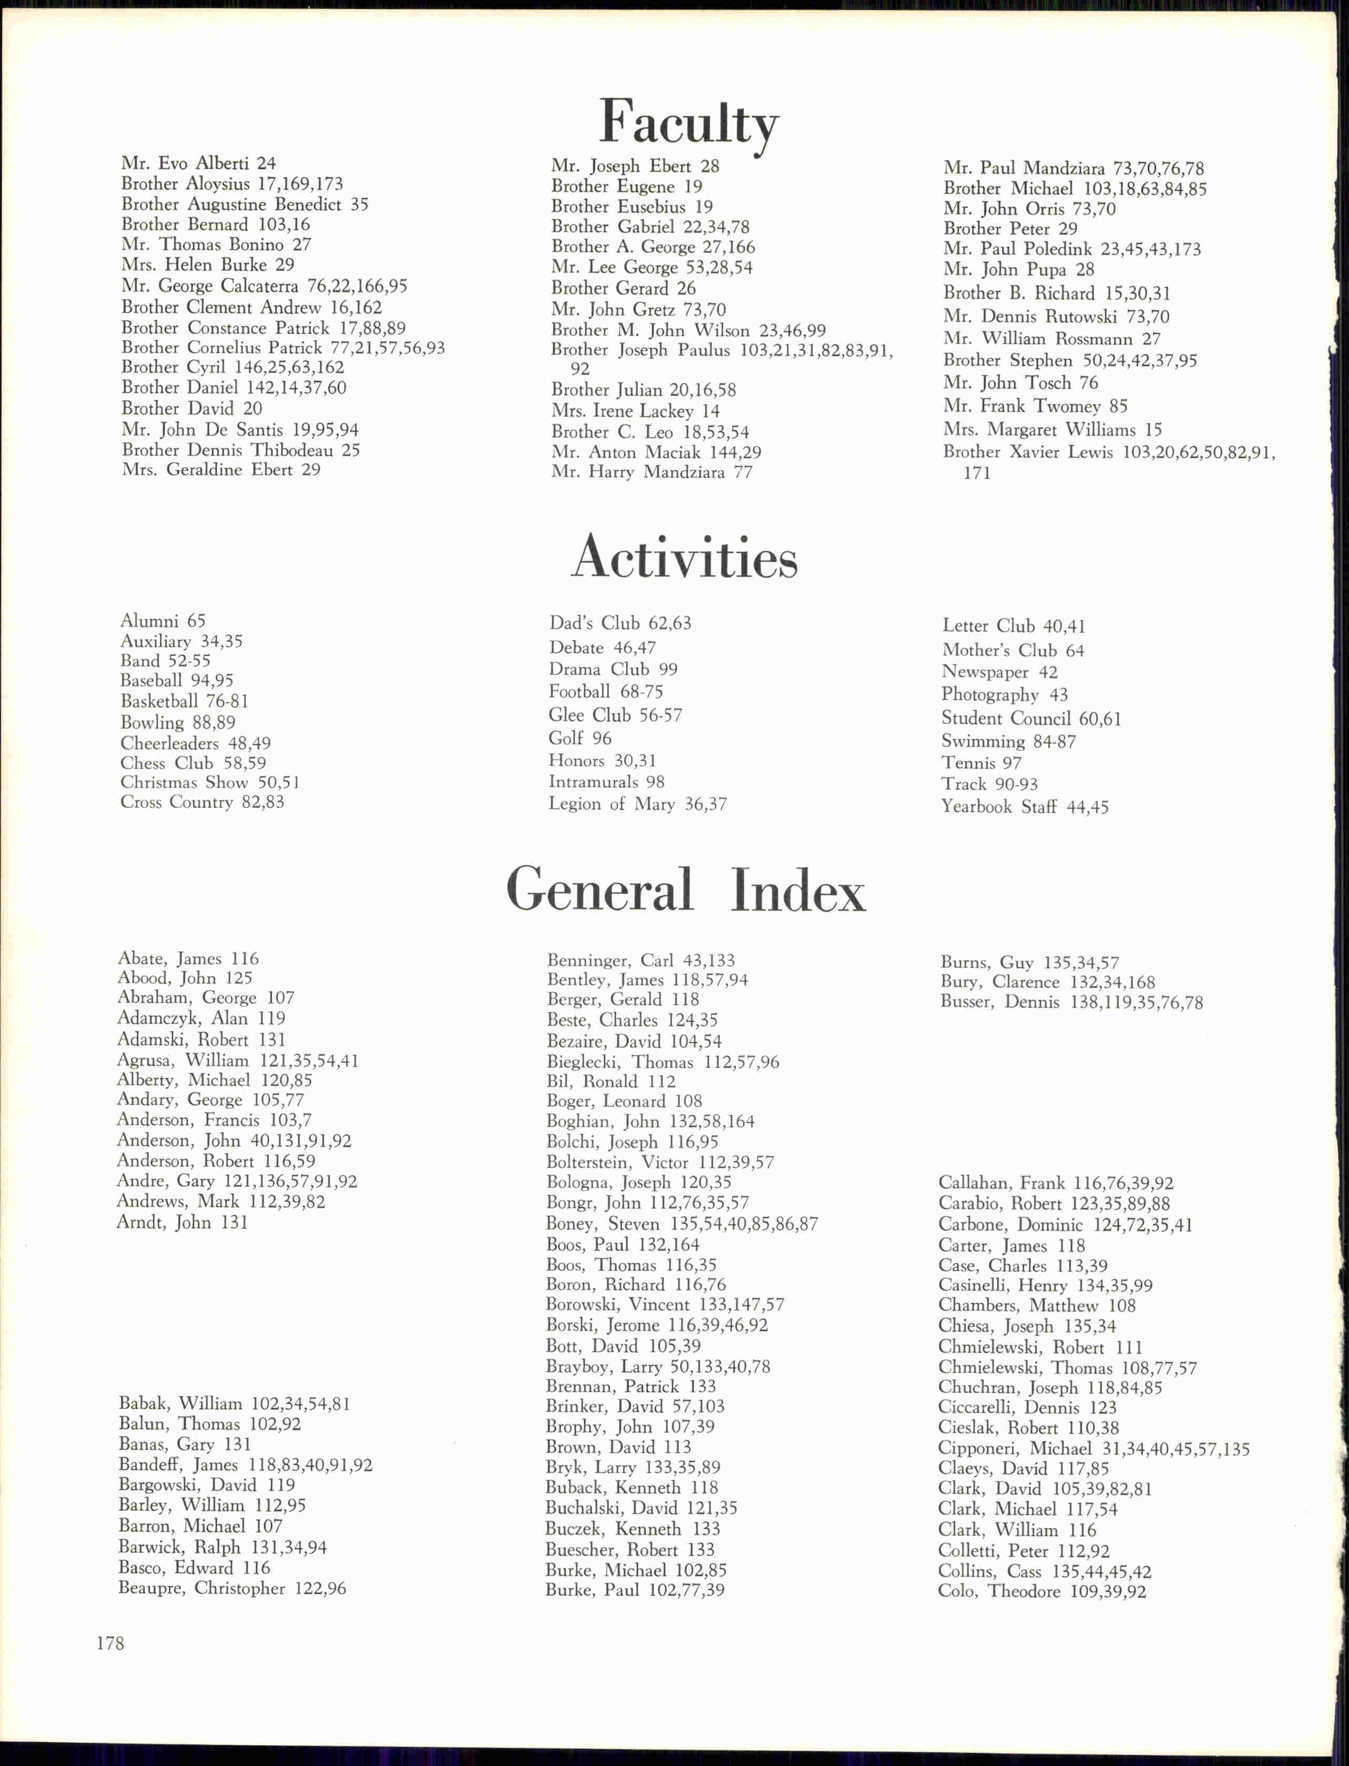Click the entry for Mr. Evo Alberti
(198, 164)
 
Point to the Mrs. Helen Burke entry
(207, 265)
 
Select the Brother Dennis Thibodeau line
(240, 450)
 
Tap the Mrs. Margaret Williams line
(1052, 430)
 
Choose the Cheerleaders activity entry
(195, 743)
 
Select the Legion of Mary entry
(637, 804)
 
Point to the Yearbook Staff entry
(1025, 807)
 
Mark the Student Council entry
(1031, 719)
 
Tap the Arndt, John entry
(182, 1222)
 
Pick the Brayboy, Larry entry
(657, 1366)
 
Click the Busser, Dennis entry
(1071, 1002)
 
